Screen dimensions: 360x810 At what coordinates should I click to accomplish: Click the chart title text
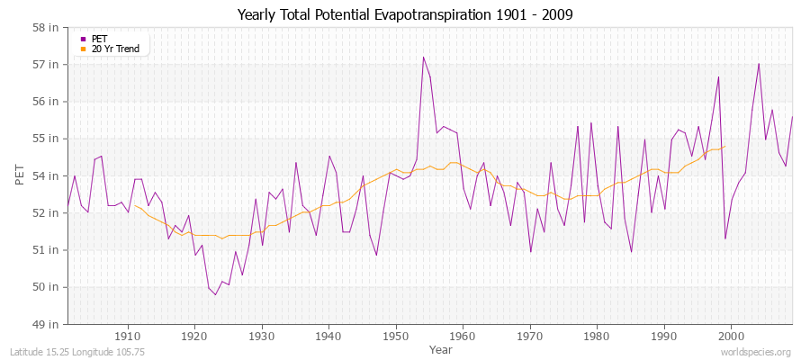click(405, 14)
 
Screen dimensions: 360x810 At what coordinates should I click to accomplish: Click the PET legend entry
click(100, 39)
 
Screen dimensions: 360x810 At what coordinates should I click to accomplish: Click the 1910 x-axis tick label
click(128, 335)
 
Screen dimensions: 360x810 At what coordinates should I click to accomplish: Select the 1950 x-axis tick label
click(396, 335)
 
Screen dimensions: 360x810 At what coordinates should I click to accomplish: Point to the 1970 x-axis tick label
click(530, 335)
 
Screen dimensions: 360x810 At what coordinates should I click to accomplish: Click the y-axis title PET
click(21, 175)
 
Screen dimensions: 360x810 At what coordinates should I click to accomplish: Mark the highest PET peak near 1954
click(423, 58)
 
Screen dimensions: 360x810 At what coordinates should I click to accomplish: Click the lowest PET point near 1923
click(215, 294)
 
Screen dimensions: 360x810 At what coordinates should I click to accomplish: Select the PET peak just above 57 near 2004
click(759, 64)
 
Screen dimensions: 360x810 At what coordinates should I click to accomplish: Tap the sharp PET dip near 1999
click(725, 238)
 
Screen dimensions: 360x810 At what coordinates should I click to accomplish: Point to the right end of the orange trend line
click(725, 146)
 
